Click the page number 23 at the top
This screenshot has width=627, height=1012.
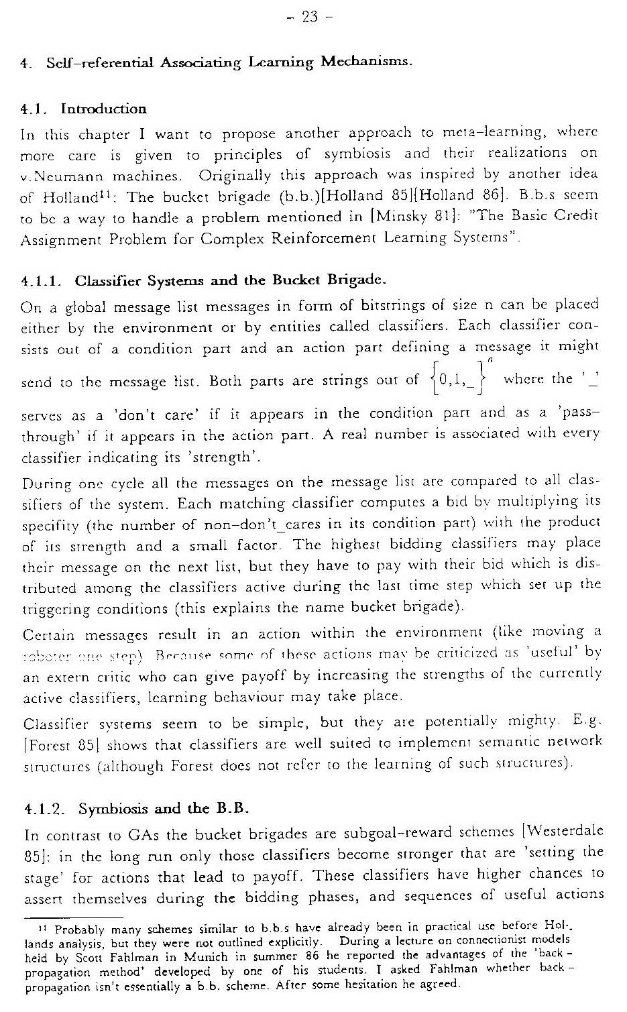(309, 17)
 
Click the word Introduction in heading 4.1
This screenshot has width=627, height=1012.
(103, 109)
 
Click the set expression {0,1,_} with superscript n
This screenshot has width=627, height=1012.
(462, 380)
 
